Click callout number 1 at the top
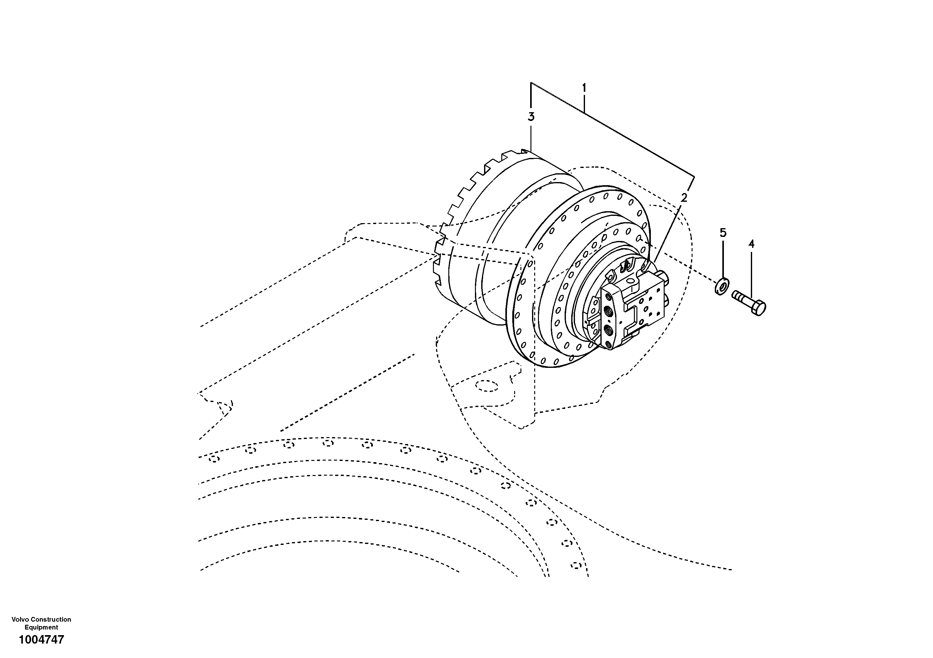tap(584, 87)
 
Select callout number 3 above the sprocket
tap(531, 117)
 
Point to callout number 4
tap(751, 244)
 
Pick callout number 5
tap(723, 233)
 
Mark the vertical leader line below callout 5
tap(723, 260)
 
